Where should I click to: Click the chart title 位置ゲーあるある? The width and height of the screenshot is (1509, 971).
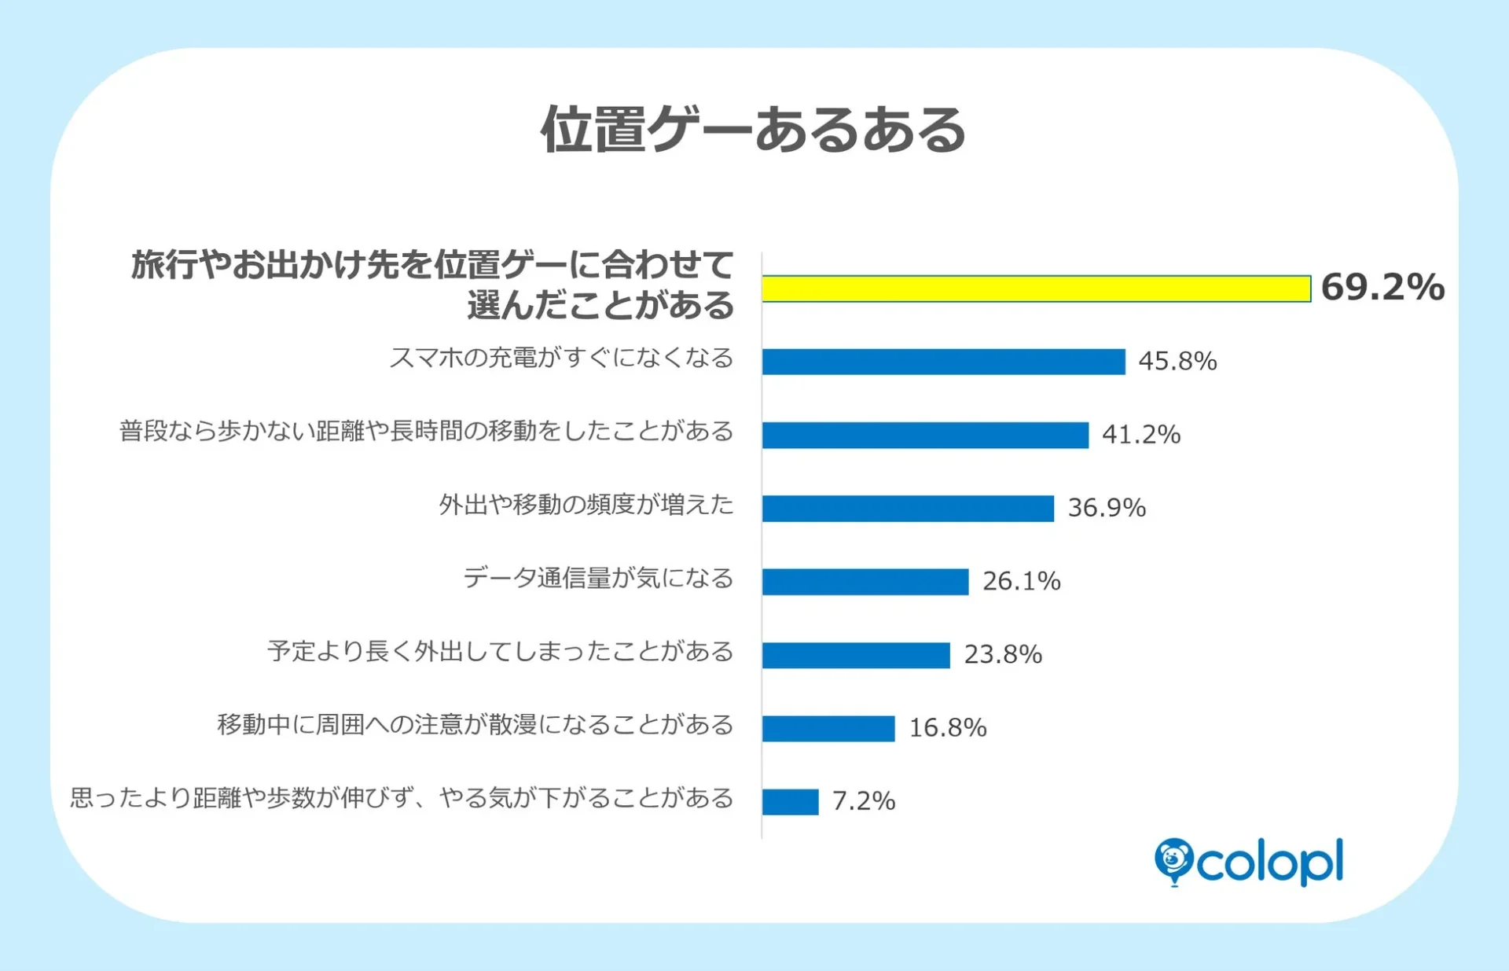[x=753, y=130]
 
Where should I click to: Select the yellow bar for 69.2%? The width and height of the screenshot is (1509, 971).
[x=1036, y=289]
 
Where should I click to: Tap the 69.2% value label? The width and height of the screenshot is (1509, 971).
[x=1382, y=287]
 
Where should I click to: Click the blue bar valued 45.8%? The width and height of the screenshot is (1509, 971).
[x=943, y=362]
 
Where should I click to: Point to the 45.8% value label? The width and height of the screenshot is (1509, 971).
[x=1177, y=361]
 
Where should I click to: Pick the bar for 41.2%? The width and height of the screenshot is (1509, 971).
[x=925, y=435]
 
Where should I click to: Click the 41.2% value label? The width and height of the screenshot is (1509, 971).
[x=1141, y=434]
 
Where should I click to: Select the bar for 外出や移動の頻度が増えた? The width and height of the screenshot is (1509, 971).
[x=908, y=508]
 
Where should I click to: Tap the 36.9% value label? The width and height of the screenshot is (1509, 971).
[x=1107, y=507]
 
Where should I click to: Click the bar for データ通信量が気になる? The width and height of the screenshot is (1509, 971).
[x=865, y=582]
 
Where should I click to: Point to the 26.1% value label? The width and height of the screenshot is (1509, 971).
[x=1021, y=581]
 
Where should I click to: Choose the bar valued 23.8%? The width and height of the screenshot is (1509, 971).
[x=856, y=655]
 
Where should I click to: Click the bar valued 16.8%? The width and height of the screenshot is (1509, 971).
[x=828, y=728]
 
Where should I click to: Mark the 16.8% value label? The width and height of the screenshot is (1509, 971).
[x=948, y=727]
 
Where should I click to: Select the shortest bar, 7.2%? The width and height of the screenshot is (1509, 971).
[x=790, y=802]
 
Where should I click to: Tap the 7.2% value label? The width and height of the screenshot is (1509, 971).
[x=864, y=801]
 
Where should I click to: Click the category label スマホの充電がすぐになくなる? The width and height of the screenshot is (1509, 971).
[x=561, y=358]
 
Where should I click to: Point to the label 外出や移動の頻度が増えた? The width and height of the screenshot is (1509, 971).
[x=586, y=504]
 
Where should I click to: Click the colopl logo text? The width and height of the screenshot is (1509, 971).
[x=1269, y=863]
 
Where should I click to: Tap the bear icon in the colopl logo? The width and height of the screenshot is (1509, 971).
[x=1173, y=859]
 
